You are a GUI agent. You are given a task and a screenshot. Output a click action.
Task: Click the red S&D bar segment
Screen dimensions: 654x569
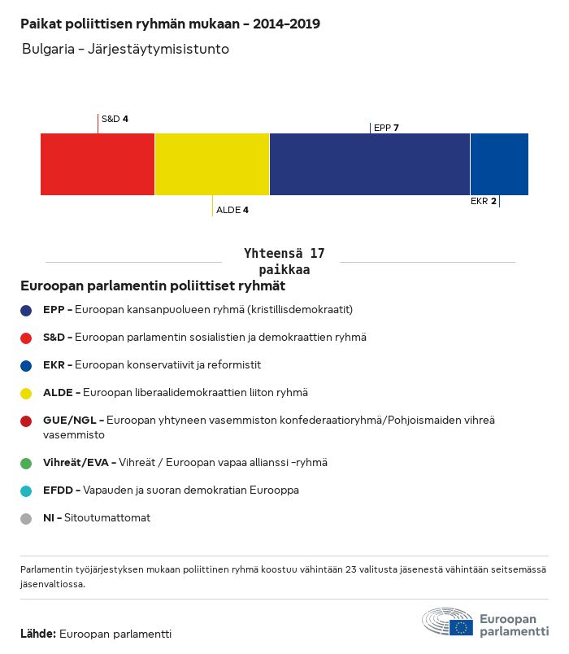(98, 164)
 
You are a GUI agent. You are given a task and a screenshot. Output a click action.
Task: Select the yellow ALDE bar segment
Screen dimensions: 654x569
(212, 164)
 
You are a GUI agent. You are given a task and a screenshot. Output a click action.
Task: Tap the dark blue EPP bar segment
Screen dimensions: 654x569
(370, 164)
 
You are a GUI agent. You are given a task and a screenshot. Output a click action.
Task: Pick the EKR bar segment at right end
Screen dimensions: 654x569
(499, 164)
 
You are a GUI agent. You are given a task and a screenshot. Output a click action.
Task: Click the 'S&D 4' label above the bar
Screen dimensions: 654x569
(115, 119)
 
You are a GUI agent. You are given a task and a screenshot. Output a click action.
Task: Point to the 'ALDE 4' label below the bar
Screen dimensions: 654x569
(232, 210)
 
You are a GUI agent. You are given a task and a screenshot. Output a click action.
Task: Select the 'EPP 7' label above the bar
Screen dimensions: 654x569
(386, 128)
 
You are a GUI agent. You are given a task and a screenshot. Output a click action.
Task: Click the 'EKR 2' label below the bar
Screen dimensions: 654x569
(483, 201)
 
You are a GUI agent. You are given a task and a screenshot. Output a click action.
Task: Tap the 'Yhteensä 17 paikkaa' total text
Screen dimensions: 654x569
(284, 261)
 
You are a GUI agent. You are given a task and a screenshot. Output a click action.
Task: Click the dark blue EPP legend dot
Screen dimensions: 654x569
(27, 310)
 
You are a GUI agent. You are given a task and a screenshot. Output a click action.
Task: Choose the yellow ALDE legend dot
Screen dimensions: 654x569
(27, 393)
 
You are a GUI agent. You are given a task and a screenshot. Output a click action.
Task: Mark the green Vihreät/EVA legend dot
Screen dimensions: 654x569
(27, 463)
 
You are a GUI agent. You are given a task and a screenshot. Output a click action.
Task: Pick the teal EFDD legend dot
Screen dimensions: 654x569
(27, 490)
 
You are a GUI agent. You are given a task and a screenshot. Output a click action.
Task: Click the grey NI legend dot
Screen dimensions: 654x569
(27, 518)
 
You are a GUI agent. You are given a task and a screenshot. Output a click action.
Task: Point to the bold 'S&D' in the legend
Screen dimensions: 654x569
(54, 337)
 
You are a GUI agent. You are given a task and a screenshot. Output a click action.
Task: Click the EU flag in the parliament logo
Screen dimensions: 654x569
(462, 626)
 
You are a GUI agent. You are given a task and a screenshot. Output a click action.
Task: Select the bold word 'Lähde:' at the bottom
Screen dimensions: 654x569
(38, 634)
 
